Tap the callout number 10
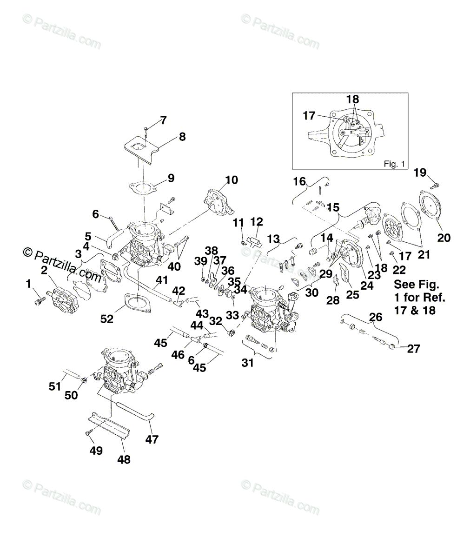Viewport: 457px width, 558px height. pyautogui.click(x=231, y=180)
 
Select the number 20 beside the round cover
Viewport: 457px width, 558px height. pyautogui.click(x=444, y=238)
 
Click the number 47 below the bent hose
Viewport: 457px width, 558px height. pyautogui.click(x=152, y=439)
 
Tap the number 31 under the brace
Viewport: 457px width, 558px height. pyautogui.click(x=248, y=362)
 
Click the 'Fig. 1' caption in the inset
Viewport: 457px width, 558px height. pyautogui.click(x=394, y=164)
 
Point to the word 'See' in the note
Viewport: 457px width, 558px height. pyautogui.click(x=404, y=285)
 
